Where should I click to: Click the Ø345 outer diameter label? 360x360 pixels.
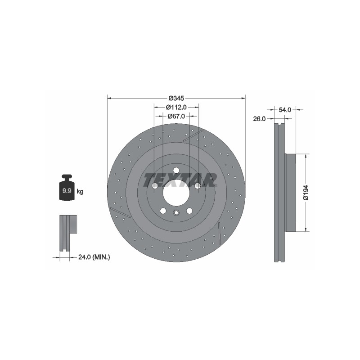click(176, 98)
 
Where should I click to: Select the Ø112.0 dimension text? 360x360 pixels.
click(176, 107)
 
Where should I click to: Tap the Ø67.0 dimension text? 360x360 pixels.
click(176, 116)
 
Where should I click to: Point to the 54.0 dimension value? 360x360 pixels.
click(285, 110)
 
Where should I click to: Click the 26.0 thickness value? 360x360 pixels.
click(259, 119)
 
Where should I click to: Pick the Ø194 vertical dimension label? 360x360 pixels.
click(306, 193)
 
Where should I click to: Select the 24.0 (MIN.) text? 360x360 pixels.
click(94, 257)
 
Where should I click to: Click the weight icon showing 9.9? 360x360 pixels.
click(67, 187)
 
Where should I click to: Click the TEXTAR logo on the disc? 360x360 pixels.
click(180, 180)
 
